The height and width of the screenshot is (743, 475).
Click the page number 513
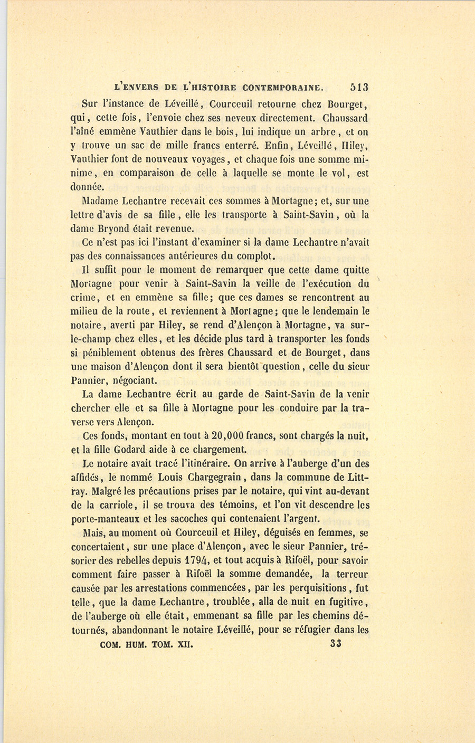point(358,87)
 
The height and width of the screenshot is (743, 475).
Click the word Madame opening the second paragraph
point(101,201)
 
